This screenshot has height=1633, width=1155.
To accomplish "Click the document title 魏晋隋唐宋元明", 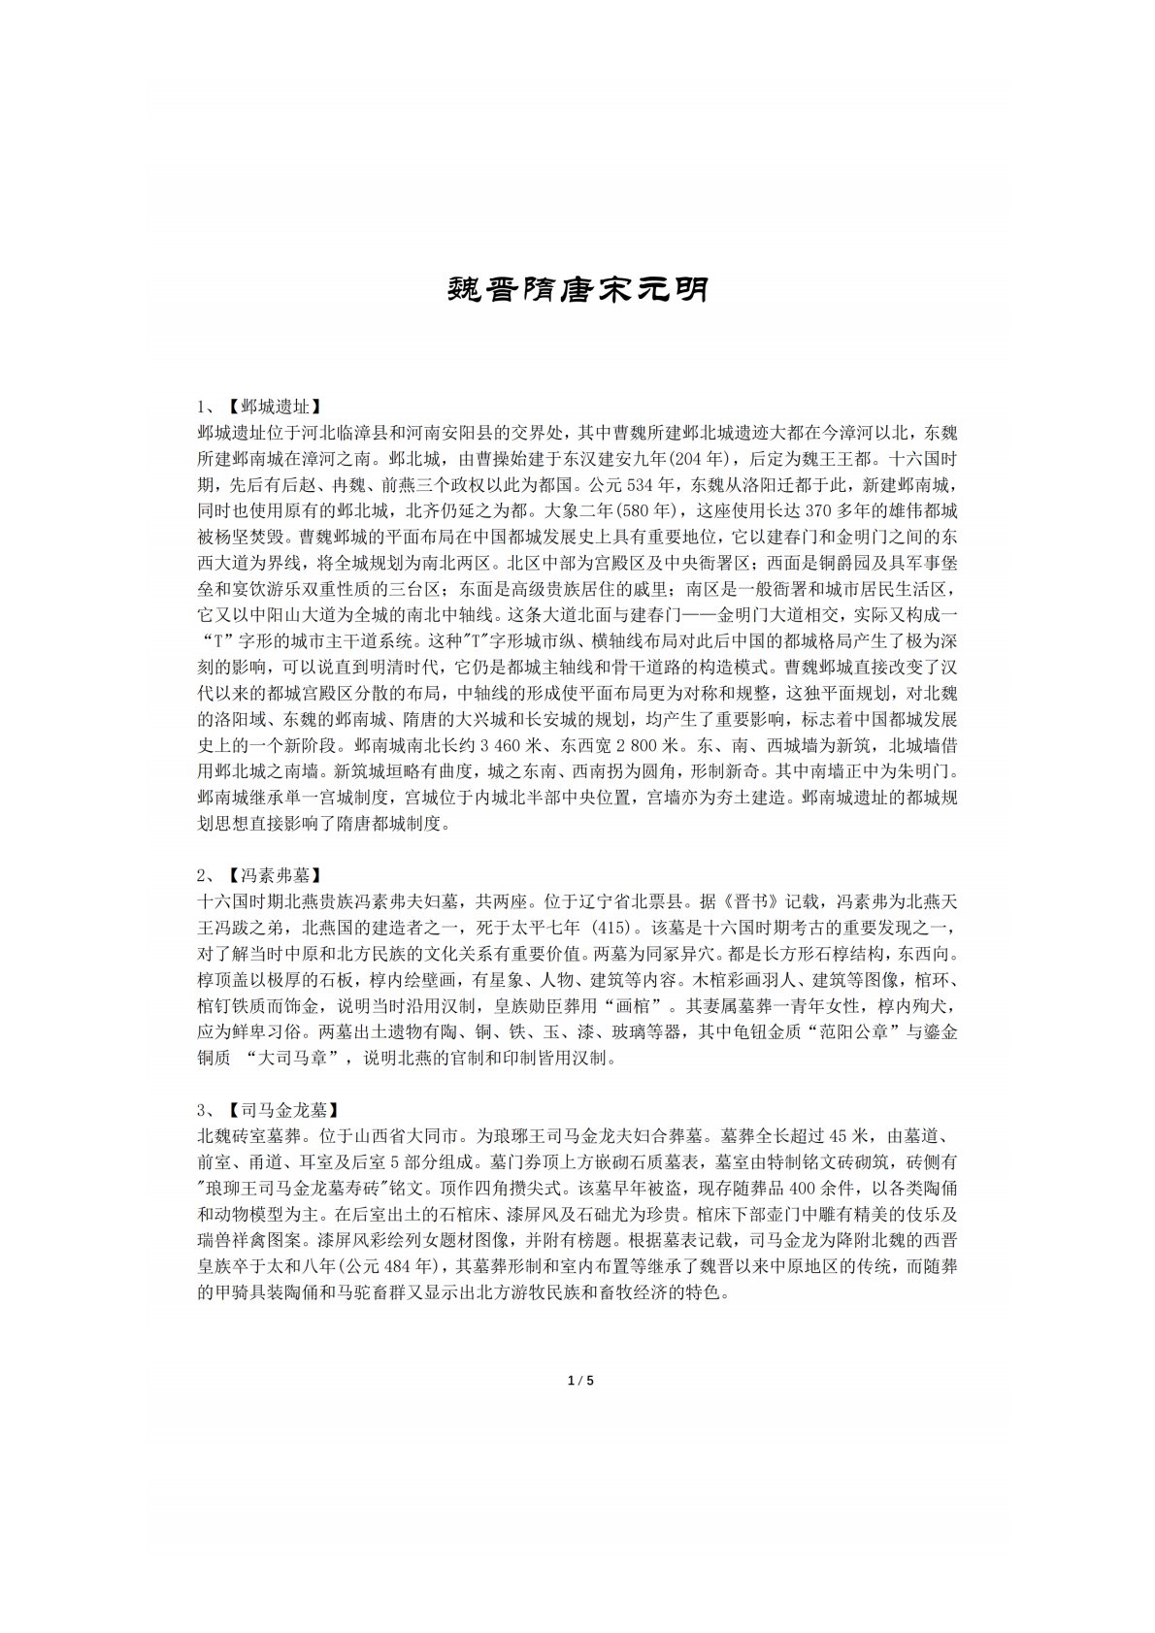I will [577, 289].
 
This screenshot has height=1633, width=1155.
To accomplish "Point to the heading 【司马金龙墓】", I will [282, 1109].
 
